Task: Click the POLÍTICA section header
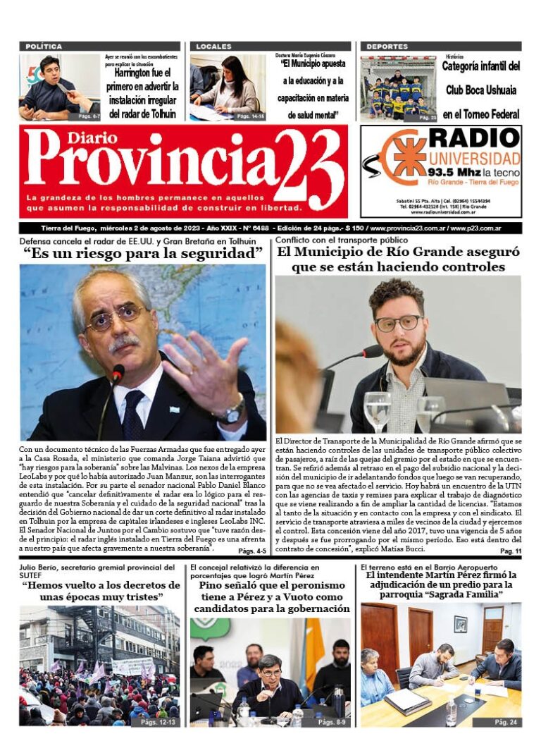(x=44, y=47)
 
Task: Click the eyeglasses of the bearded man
(x=399, y=324)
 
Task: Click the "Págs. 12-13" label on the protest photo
(x=158, y=722)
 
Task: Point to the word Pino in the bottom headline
(x=212, y=585)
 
